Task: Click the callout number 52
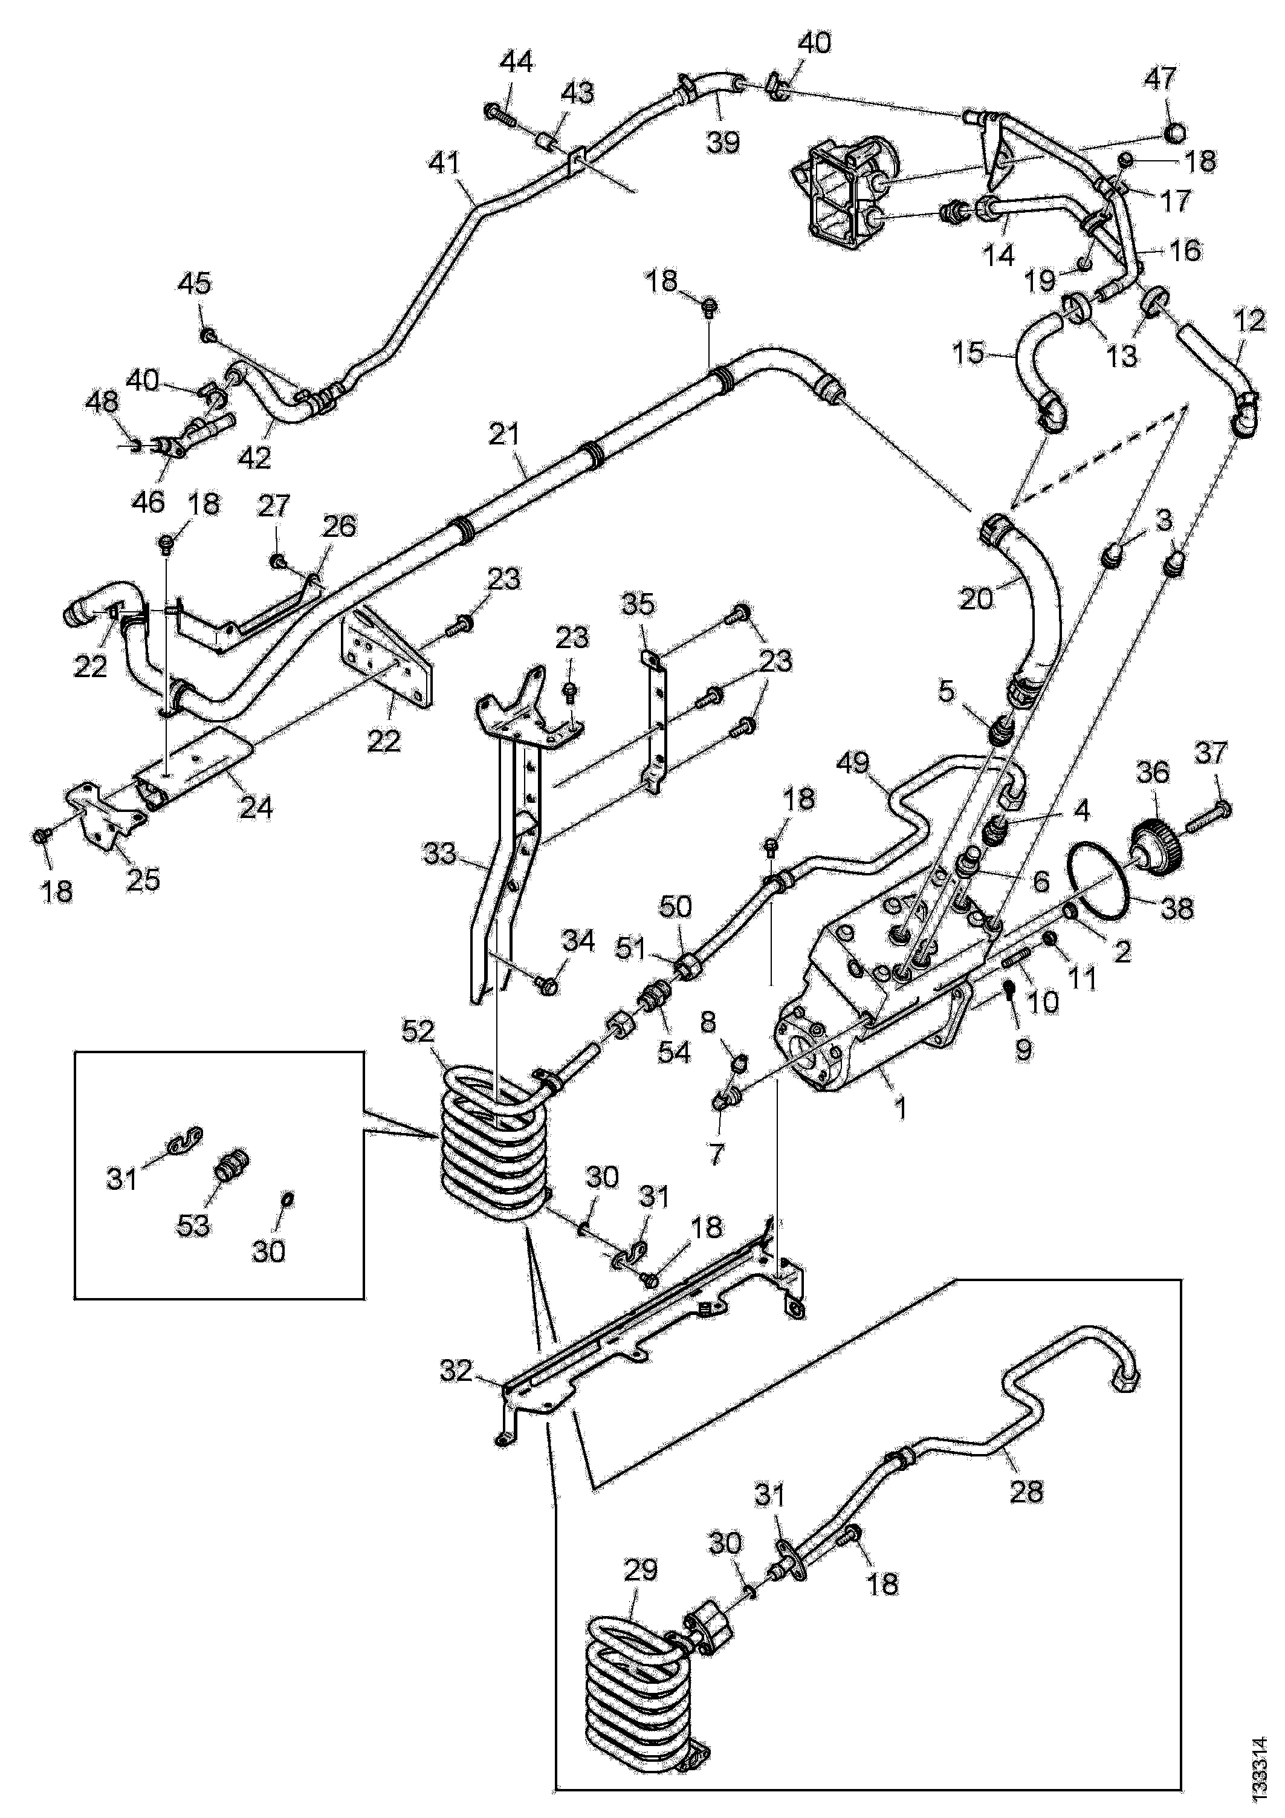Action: (x=419, y=1031)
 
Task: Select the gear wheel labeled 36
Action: (x=1157, y=848)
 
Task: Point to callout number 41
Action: (x=444, y=164)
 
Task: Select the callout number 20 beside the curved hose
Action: (x=976, y=599)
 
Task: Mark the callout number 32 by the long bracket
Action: (x=457, y=1371)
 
